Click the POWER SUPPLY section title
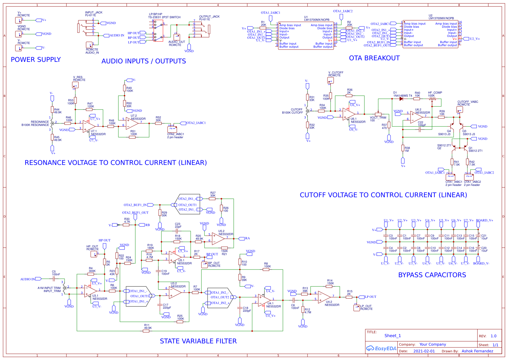[x=36, y=60]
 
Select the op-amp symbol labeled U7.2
[x=132, y=124]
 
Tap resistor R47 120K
[x=89, y=109]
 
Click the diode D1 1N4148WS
[x=401, y=99]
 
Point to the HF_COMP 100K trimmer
[x=432, y=99]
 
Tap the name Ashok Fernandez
[x=477, y=351]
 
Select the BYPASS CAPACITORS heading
[x=432, y=275]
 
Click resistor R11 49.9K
[x=146, y=331]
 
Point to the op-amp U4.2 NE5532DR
[x=324, y=297]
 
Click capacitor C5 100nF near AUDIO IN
[x=54, y=279]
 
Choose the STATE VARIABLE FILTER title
[x=198, y=341]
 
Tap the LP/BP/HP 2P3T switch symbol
[x=158, y=31]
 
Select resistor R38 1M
[x=403, y=148]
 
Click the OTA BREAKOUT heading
[x=374, y=58]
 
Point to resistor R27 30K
[x=212, y=199]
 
